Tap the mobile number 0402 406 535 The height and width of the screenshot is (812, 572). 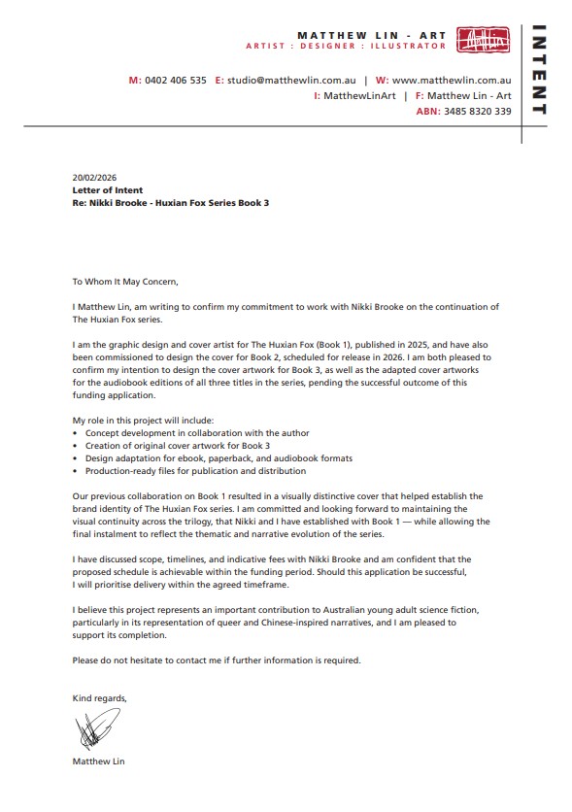[175, 81]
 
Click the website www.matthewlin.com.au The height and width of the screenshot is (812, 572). [452, 81]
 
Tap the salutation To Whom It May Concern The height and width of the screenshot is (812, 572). [125, 282]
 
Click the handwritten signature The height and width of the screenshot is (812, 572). [96, 728]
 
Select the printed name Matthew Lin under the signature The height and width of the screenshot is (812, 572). [98, 761]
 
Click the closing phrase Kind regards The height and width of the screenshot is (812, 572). [100, 698]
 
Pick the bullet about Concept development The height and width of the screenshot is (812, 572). [176, 432]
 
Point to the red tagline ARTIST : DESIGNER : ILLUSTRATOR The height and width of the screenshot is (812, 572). [346, 46]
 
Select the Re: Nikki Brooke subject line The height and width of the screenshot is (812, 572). [170, 202]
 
